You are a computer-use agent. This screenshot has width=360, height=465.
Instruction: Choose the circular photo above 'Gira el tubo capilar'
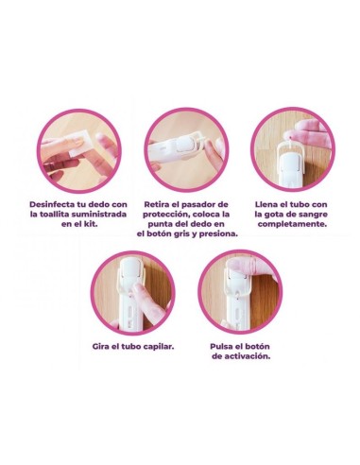(131, 292)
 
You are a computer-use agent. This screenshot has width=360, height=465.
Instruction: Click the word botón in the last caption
(265, 347)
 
